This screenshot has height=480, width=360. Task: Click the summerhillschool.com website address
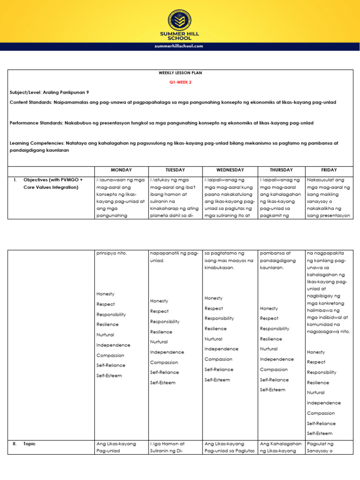pyautogui.click(x=180, y=46)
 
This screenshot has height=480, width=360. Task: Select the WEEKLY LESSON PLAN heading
pyautogui.click(x=180, y=74)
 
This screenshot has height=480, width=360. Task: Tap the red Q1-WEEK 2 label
pyautogui.click(x=180, y=82)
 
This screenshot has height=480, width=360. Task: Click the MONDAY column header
pyautogui.click(x=121, y=170)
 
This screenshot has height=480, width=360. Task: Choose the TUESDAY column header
pyautogui.click(x=175, y=170)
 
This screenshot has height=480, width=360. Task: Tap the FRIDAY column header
pyautogui.click(x=329, y=170)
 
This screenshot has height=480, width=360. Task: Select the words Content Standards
pyautogui.click(x=30, y=102)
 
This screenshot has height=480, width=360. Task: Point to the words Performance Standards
pyautogui.click(x=36, y=123)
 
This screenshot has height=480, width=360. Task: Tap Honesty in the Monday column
pyautogui.click(x=105, y=294)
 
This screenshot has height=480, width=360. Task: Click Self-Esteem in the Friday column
pyautogui.click(x=319, y=434)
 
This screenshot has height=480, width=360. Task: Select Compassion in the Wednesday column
pyautogui.click(x=218, y=359)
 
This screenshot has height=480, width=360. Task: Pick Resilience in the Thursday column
pyautogui.click(x=271, y=338)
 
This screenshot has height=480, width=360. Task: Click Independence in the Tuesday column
pyautogui.click(x=167, y=352)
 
